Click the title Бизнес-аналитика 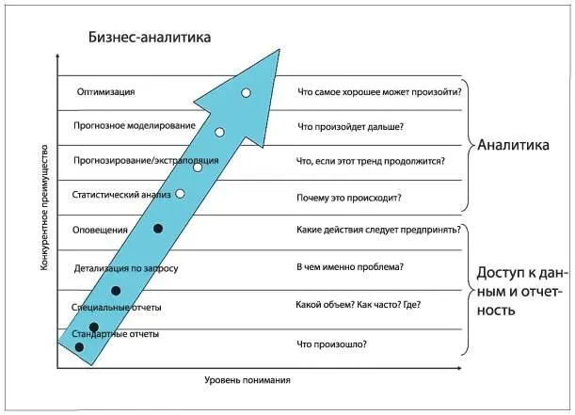(x=149, y=37)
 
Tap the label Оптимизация (x=106, y=91)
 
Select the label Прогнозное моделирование (x=135, y=126)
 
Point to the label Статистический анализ (x=121, y=195)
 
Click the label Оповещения (x=99, y=230)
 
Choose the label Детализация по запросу (x=125, y=269)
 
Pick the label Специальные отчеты (x=116, y=308)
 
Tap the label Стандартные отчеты (x=115, y=334)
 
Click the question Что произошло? (x=332, y=344)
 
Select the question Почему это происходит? (x=349, y=198)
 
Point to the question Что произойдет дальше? (x=351, y=126)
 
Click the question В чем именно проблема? (x=350, y=266)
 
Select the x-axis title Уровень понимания (x=248, y=381)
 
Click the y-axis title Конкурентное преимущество (x=44, y=209)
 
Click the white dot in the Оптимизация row (x=246, y=93)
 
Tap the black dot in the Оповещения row (x=158, y=229)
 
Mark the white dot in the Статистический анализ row (x=180, y=194)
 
